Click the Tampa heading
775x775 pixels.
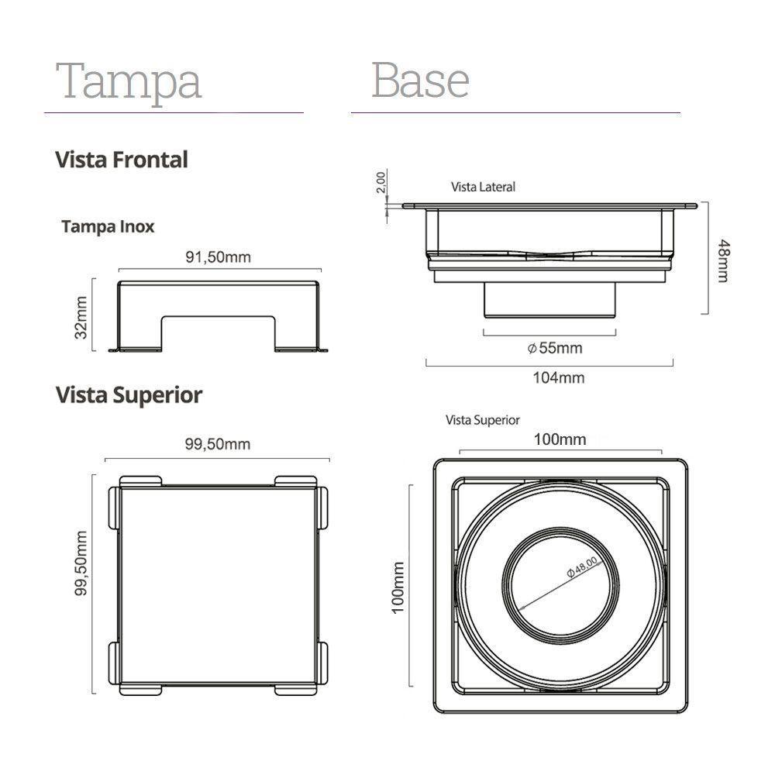point(129,81)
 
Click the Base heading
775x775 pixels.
point(420,80)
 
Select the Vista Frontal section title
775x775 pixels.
point(122,160)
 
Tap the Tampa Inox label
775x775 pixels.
point(108,226)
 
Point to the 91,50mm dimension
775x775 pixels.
point(218,257)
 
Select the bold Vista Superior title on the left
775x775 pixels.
point(129,394)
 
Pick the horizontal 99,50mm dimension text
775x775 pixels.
point(217,444)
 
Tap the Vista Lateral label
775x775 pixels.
point(483,187)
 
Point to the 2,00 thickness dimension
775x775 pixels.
point(380,183)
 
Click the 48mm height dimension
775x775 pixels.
point(722,260)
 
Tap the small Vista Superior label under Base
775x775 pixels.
point(482,420)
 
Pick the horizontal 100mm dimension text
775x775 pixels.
point(560,439)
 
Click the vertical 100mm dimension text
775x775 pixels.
point(398,588)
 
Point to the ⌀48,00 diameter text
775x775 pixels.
point(582,567)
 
